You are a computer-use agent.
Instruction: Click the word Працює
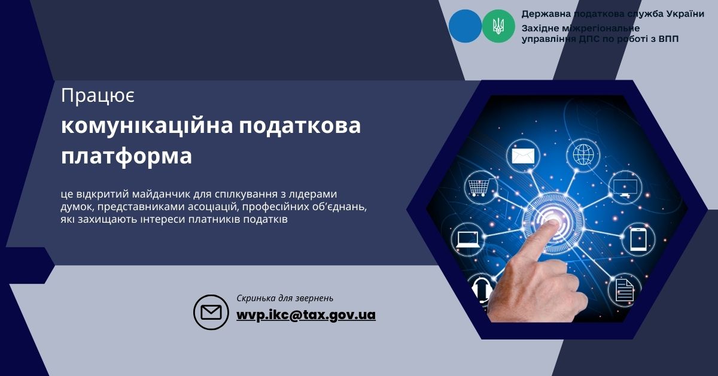(98, 96)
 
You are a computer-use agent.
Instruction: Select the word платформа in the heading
(127, 156)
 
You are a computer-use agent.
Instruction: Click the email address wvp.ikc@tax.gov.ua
(306, 315)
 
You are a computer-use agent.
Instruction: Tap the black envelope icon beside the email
(211, 312)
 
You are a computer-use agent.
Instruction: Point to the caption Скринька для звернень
(285, 298)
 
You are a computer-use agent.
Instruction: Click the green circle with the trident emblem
(498, 26)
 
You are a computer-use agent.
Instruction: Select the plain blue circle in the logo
(465, 26)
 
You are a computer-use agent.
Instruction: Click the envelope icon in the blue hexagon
(523, 156)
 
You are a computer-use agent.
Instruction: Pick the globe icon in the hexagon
(583, 154)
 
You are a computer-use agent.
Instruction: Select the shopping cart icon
(479, 187)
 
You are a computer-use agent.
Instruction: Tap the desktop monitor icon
(625, 187)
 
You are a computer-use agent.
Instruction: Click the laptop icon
(468, 239)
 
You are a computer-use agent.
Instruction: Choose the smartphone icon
(638, 239)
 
